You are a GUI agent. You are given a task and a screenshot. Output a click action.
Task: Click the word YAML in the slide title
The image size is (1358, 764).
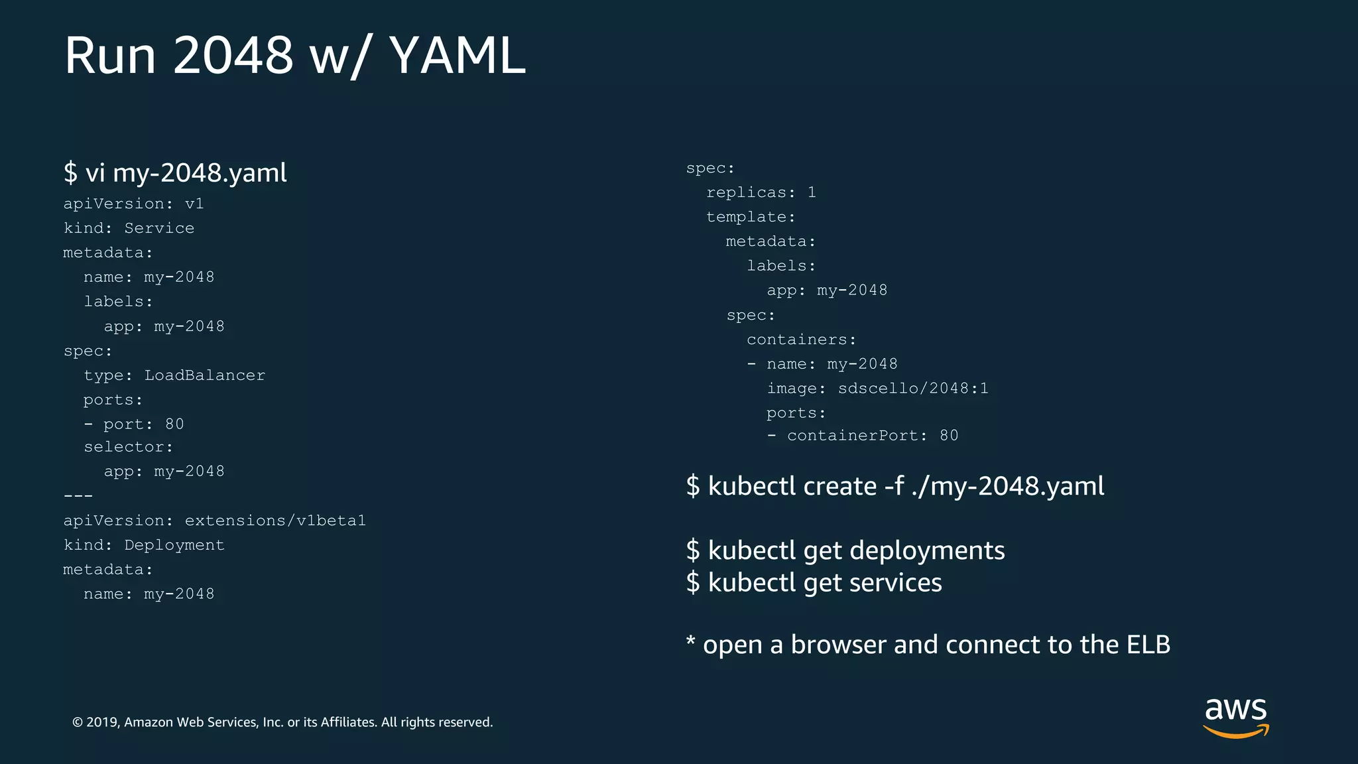pos(458,55)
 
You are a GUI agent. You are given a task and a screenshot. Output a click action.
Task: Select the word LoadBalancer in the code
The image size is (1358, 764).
pos(204,375)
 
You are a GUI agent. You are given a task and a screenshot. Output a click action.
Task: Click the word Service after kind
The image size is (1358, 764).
pos(159,228)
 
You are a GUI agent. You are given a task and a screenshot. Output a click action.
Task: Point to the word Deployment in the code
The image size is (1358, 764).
pos(174,545)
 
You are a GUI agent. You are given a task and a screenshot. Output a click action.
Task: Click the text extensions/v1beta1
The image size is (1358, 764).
pos(275,521)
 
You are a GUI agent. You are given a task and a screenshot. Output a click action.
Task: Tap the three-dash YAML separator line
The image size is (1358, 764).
pos(78,496)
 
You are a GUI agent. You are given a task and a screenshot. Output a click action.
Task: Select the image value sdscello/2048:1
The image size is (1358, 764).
pos(913,389)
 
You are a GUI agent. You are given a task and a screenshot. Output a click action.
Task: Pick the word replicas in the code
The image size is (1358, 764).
pos(746,192)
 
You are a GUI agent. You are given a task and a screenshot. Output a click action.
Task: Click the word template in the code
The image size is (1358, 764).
pos(746,217)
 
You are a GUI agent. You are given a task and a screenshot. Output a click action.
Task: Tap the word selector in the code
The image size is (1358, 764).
pos(123,447)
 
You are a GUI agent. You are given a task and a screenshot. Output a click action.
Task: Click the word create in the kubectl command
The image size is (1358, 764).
pos(839,486)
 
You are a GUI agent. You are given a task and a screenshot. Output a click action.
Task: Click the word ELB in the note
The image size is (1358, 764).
pos(1148,645)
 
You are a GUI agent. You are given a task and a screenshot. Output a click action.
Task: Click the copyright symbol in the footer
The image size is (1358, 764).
pos(78,722)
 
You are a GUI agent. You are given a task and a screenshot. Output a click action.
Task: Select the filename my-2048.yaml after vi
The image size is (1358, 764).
pos(200,172)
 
